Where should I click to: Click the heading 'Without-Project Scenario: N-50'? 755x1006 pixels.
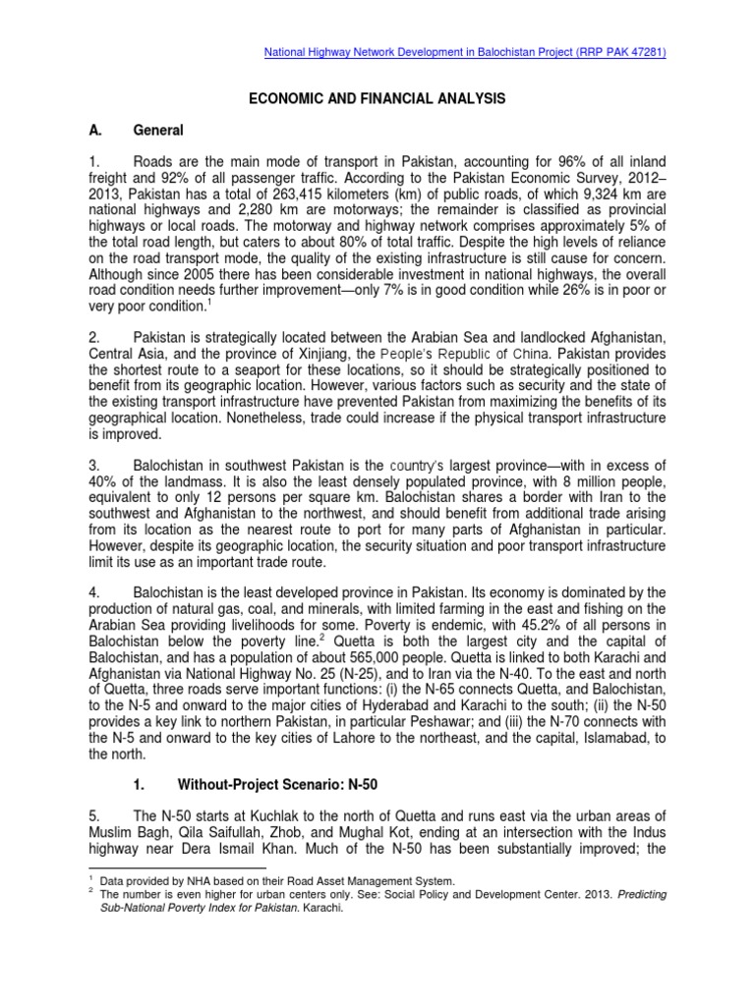(x=278, y=787)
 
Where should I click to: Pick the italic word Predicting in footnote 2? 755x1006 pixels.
(x=615, y=893)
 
